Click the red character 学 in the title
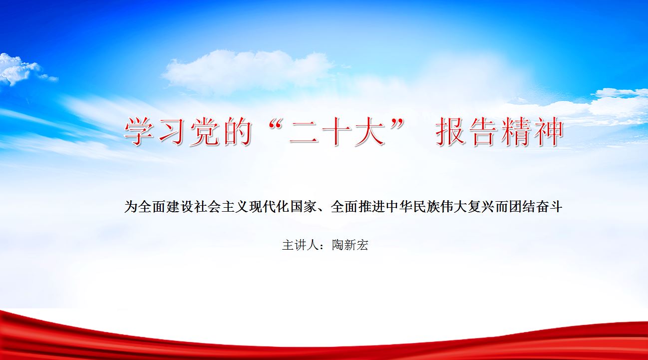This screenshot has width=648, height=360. (139, 131)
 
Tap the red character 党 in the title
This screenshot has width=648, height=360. (204, 131)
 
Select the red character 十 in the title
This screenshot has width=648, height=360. (336, 131)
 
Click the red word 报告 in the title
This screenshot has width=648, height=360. (467, 131)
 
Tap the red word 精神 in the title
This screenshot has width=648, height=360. (532, 131)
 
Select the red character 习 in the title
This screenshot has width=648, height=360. (172, 131)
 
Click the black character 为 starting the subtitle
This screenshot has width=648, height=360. (131, 207)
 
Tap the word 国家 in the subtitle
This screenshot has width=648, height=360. (304, 207)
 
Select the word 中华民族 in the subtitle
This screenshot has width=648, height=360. (413, 207)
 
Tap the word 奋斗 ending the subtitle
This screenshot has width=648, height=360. (549, 207)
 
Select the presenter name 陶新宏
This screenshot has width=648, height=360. (350, 245)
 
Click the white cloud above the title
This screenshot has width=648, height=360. (247, 71)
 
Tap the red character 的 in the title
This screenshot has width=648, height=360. (237, 131)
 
